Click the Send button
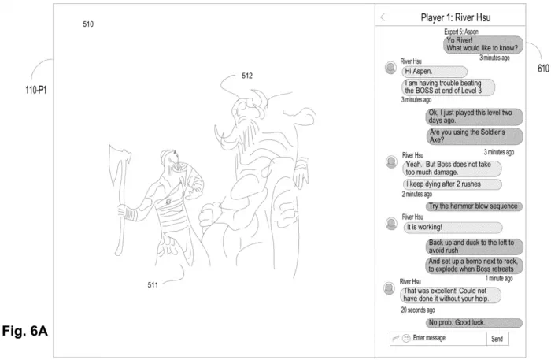pyautogui.click(x=497, y=339)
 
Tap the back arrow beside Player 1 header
pyautogui.click(x=383, y=17)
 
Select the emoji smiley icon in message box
pyautogui.click(x=406, y=338)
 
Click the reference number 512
pyautogui.click(x=247, y=76)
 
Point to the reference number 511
pyautogui.click(x=153, y=284)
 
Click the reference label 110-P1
pyautogui.click(x=36, y=90)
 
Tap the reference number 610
pyautogui.click(x=543, y=69)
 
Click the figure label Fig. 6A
pyautogui.click(x=25, y=331)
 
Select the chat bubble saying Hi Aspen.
pyautogui.click(x=435, y=72)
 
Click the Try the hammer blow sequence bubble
pyautogui.click(x=474, y=206)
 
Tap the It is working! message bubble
pyautogui.click(x=453, y=228)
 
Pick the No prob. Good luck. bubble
pyautogui.click(x=474, y=322)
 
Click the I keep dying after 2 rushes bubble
pyautogui.click(x=453, y=184)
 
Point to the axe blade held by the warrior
pyautogui.click(x=119, y=161)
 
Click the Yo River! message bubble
pyautogui.click(x=483, y=44)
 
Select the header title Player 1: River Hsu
pyautogui.click(x=456, y=17)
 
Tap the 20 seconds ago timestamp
pyautogui.click(x=418, y=310)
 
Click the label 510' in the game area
pyautogui.click(x=88, y=24)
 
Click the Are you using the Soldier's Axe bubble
pyautogui.click(x=475, y=136)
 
